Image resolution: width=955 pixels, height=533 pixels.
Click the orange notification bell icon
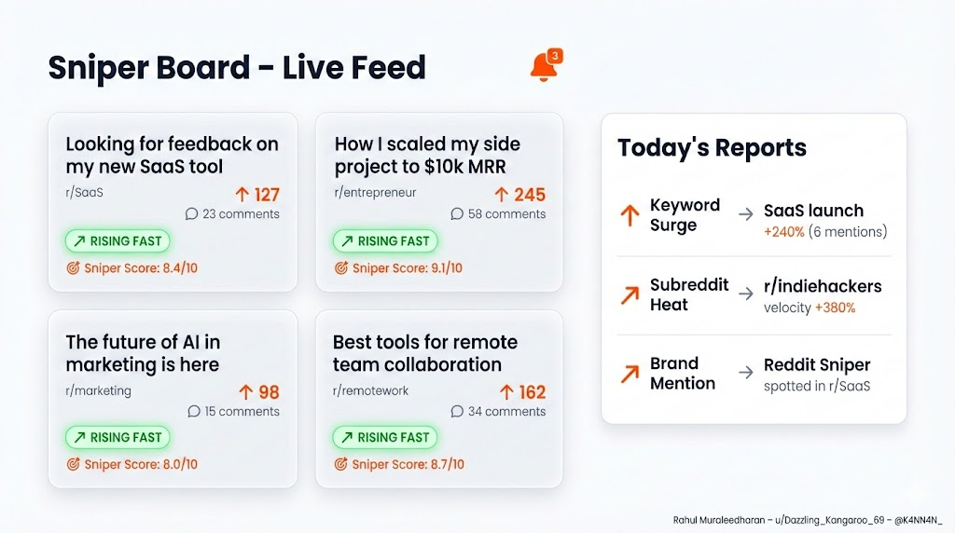(x=544, y=67)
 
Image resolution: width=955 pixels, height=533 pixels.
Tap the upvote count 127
(x=257, y=195)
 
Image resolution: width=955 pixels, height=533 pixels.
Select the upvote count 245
(x=520, y=195)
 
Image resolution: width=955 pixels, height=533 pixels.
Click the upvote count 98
(x=260, y=392)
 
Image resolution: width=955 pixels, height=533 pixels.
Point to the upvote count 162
(x=523, y=392)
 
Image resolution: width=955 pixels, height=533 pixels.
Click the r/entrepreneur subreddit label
(x=375, y=193)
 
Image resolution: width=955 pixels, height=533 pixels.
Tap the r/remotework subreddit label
(x=371, y=390)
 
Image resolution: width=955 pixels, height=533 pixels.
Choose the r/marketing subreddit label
(x=98, y=390)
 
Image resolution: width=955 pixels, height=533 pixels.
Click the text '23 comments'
(x=232, y=214)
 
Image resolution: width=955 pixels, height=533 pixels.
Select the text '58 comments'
(x=498, y=214)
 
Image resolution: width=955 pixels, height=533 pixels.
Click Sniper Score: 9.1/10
(x=398, y=268)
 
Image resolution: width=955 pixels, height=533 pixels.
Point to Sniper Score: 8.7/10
(x=398, y=464)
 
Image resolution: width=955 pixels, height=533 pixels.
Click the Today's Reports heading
(x=712, y=147)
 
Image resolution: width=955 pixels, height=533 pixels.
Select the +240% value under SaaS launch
(x=783, y=232)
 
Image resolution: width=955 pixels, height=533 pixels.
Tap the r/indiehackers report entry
(x=822, y=286)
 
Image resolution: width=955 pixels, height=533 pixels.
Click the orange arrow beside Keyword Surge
(x=630, y=215)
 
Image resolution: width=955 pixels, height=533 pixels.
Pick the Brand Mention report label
(x=683, y=373)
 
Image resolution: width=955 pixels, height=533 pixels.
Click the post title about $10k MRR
(x=427, y=156)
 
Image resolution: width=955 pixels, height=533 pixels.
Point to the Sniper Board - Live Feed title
(x=237, y=67)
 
